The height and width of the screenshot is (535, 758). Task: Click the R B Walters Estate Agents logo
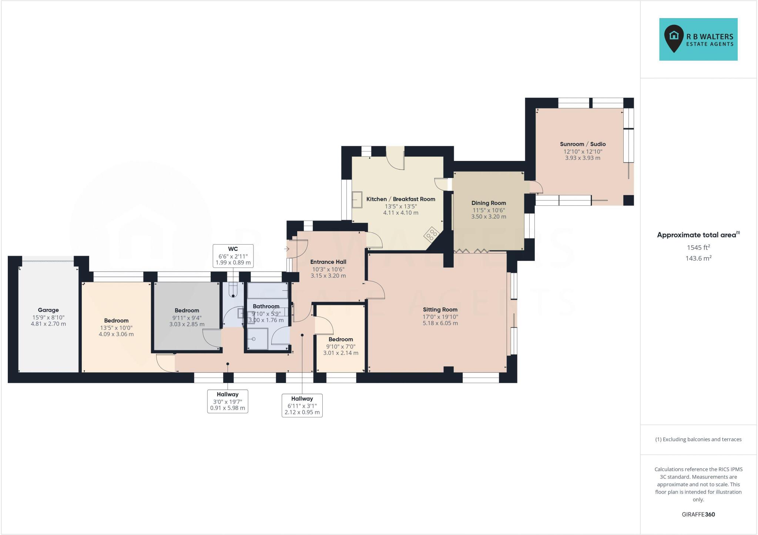click(x=698, y=39)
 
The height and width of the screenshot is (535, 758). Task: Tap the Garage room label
click(x=48, y=310)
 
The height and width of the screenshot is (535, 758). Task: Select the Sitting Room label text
click(x=440, y=310)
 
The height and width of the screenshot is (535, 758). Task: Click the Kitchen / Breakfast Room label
click(x=400, y=199)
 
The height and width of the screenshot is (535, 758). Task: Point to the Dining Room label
click(x=488, y=203)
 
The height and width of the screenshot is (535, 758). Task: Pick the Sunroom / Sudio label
click(x=583, y=144)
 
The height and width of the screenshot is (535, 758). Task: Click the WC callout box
click(x=233, y=256)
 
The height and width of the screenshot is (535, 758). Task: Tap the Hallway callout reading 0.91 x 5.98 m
click(x=227, y=401)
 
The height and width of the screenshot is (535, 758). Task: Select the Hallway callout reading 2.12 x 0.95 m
click(x=302, y=405)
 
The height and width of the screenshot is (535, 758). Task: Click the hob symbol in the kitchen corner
click(x=432, y=234)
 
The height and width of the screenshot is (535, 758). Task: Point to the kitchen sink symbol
click(x=357, y=200)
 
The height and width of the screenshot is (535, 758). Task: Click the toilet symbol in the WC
click(x=233, y=290)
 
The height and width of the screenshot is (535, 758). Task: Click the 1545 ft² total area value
click(x=698, y=248)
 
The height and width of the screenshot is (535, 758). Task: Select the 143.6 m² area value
click(x=698, y=258)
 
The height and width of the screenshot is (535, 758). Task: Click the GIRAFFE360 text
click(x=698, y=514)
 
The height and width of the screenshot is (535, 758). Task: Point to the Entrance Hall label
click(x=328, y=262)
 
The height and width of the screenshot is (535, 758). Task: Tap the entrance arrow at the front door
click(x=287, y=249)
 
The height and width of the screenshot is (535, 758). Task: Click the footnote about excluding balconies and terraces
click(x=698, y=440)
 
